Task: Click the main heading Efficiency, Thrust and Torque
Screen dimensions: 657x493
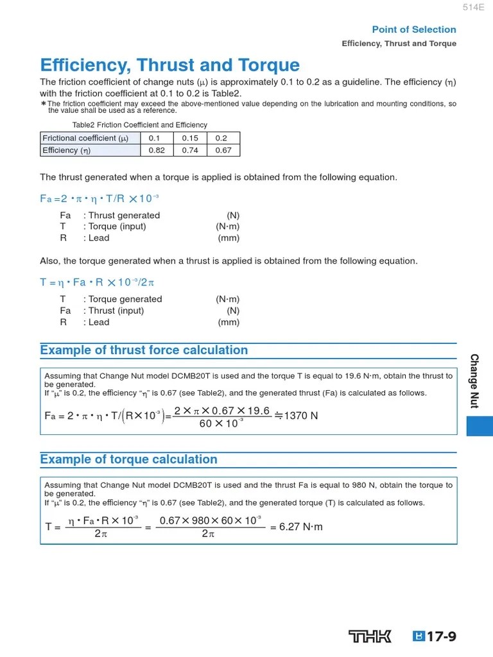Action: tap(169, 65)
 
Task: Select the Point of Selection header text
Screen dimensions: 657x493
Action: tap(414, 30)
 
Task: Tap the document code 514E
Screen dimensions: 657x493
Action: tap(473, 7)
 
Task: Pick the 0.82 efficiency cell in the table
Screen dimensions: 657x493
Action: tap(156, 150)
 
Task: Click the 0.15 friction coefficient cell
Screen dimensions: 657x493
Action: tap(190, 138)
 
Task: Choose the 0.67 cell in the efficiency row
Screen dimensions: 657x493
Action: tap(223, 150)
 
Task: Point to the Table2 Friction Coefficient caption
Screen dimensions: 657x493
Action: tap(139, 125)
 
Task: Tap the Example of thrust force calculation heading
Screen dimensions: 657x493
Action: tap(144, 350)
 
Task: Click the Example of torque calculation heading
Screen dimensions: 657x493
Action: tap(128, 459)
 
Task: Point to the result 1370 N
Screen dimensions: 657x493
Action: tap(297, 416)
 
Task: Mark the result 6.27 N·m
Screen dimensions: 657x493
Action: tap(296, 527)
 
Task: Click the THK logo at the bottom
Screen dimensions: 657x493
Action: tap(370, 636)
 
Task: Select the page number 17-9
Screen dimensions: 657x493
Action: tap(441, 636)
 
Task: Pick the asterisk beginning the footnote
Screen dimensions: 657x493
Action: tap(43, 104)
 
